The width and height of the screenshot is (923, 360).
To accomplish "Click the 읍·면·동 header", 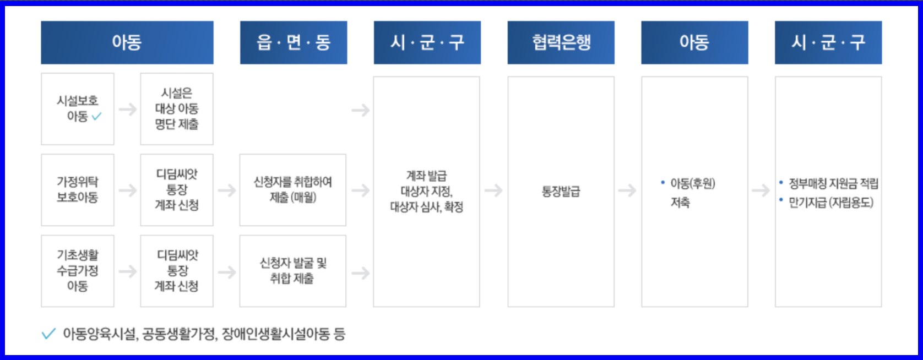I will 293,42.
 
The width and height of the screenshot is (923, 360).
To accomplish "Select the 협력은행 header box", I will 561,42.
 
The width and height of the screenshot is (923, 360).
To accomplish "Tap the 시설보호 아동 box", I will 78,108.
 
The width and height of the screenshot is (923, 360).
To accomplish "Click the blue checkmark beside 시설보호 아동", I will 97,117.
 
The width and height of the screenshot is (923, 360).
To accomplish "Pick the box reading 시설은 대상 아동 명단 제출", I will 177,108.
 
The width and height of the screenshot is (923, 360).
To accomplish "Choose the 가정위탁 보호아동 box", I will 78,189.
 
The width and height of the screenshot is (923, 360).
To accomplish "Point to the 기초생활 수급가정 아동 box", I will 78,270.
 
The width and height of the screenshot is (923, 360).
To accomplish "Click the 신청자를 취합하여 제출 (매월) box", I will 293,189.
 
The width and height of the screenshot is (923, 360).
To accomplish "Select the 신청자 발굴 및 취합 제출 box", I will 293,270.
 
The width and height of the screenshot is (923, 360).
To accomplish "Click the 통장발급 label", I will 561,191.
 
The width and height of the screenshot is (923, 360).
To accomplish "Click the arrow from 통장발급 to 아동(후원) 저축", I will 627,190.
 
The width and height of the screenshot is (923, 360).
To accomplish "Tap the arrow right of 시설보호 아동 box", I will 128,109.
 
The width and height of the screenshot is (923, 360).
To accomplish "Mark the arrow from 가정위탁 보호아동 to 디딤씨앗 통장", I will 128,190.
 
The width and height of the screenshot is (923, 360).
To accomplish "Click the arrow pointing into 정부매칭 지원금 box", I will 761,190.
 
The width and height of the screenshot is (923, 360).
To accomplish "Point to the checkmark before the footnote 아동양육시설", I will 48,334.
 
